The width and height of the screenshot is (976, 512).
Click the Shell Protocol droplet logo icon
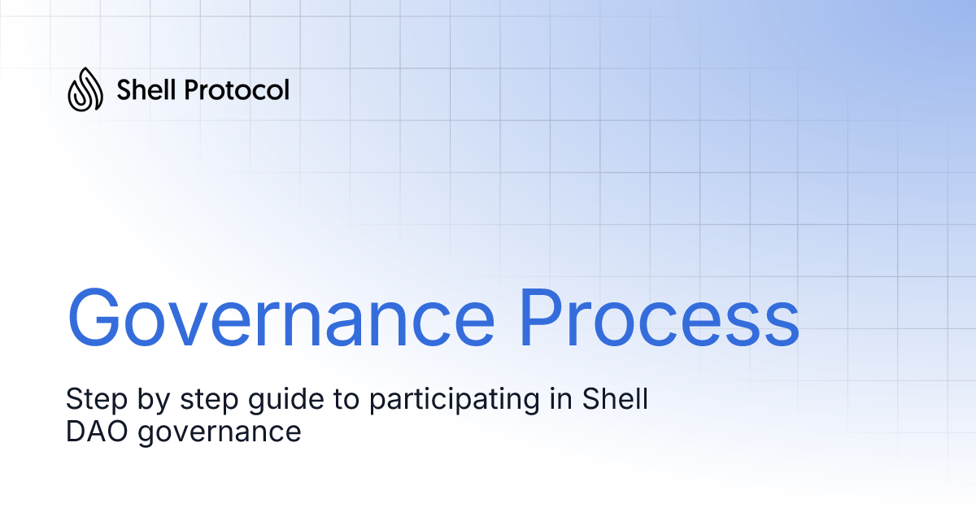[85, 89]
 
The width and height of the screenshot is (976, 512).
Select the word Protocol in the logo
[237, 89]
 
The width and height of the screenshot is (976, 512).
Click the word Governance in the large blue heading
[281, 316]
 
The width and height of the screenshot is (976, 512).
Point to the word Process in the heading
[660, 316]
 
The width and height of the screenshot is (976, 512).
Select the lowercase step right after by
[196, 401]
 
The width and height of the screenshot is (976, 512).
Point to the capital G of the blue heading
[97, 316]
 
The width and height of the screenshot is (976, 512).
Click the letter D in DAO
[76, 432]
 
